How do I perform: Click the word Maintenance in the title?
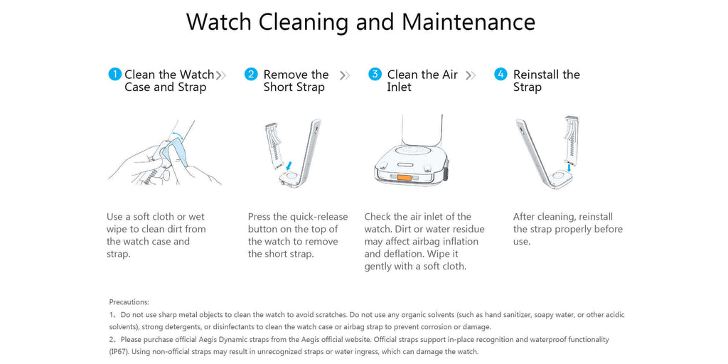click(468, 21)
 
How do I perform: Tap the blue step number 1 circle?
click(114, 74)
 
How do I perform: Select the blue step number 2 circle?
click(251, 74)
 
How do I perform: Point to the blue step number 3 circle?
click(375, 74)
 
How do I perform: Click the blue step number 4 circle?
click(500, 74)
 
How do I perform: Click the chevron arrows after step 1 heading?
click(221, 75)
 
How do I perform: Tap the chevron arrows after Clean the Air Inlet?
click(470, 75)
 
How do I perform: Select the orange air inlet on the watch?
click(405, 177)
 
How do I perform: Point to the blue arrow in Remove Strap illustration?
click(289, 165)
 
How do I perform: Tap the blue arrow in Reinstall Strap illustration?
click(569, 166)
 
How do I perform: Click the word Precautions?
click(129, 302)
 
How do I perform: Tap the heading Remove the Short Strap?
click(295, 80)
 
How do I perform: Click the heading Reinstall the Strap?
click(546, 80)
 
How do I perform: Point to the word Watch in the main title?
click(219, 21)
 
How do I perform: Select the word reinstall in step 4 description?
click(596, 217)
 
